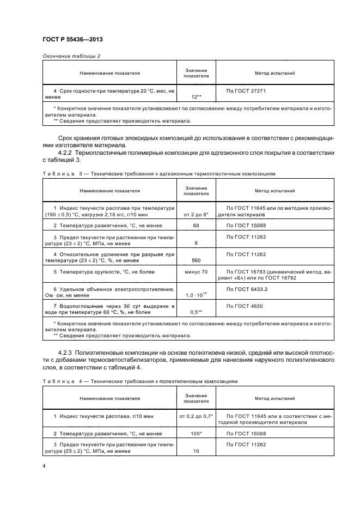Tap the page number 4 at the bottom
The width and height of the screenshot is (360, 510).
pyautogui.click(x=44, y=466)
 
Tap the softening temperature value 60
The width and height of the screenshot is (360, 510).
pyautogui.click(x=197, y=224)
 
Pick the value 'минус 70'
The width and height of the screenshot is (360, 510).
pyautogui.click(x=197, y=271)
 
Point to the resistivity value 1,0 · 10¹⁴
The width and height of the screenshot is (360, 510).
pyautogui.click(x=197, y=295)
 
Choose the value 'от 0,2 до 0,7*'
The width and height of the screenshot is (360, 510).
pyautogui.click(x=197, y=416)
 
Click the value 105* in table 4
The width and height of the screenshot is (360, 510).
pyautogui.click(x=197, y=433)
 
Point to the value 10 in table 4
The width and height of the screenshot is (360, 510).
pyautogui.click(x=197, y=451)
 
